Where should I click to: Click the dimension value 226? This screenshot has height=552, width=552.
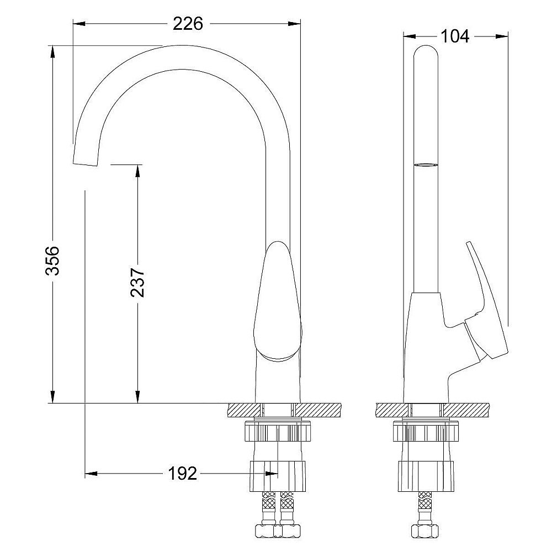(188, 24)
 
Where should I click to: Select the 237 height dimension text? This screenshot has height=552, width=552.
(137, 283)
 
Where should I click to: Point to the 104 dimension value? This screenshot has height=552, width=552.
(455, 36)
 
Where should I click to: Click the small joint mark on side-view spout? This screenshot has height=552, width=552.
(427, 164)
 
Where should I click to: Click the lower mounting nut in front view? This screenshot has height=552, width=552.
(278, 475)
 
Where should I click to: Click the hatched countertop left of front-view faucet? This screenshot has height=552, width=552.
(243, 410)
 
